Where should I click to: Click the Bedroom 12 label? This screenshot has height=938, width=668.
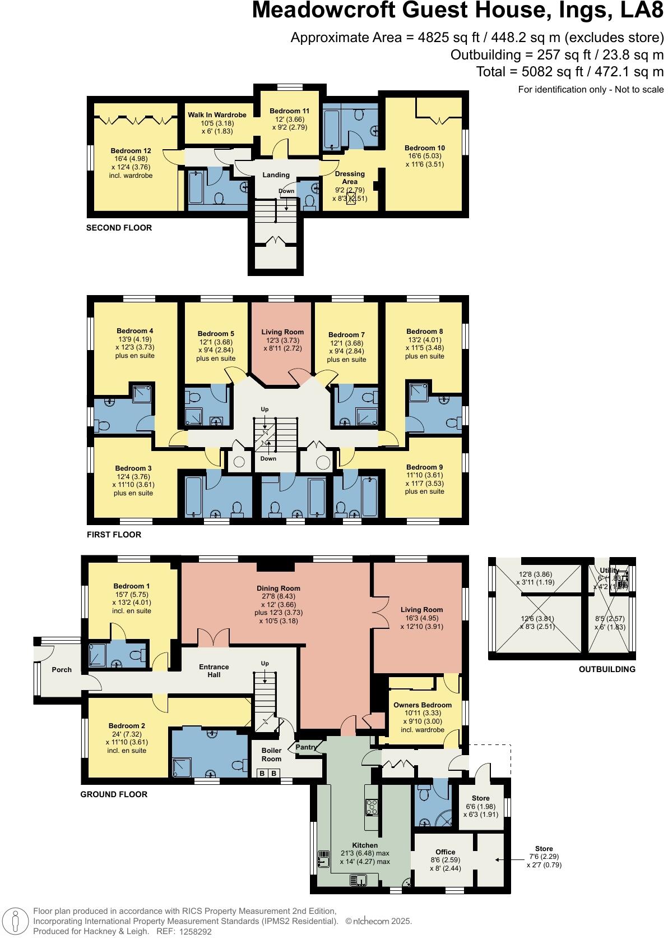pos(131,151)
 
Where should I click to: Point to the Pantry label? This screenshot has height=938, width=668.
pos(307,747)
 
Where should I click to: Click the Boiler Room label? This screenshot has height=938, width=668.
pos(271,755)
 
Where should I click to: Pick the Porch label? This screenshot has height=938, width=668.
pos(62,669)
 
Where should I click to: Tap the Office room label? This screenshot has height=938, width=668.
pos(446,852)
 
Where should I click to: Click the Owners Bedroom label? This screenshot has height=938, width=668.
pos(422,705)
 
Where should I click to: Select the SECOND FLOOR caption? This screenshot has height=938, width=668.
pos(119,228)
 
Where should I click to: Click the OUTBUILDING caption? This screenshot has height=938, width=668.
pos(607,669)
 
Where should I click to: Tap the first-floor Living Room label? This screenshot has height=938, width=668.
pos(282,332)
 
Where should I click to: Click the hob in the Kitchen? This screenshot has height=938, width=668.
pos(371,807)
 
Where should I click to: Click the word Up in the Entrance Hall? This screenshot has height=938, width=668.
pos(265,664)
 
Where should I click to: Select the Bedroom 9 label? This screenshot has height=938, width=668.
pos(424,467)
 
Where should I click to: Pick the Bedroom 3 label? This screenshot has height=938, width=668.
pos(133,468)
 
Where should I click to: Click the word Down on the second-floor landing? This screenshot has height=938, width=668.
pos(286,191)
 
